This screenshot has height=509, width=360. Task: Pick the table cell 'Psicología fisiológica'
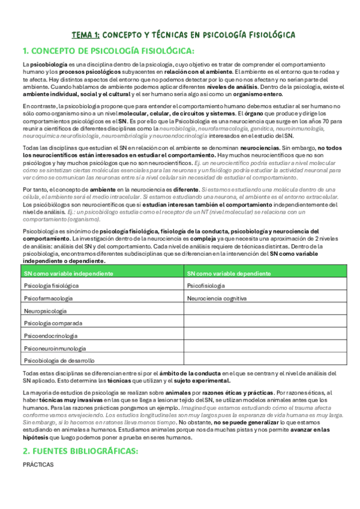[x=51, y=286]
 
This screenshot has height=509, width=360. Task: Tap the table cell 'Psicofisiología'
[x=206, y=286]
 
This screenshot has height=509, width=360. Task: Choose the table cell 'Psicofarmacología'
[x=48, y=298]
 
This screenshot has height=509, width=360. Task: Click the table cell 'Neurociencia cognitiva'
[x=217, y=298]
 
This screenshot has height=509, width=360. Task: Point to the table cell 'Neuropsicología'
[x=46, y=311]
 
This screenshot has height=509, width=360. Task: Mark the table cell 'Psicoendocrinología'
[x=51, y=336]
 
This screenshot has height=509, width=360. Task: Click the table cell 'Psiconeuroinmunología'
[x=53, y=348]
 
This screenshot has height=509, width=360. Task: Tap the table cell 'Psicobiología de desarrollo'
[x=59, y=361]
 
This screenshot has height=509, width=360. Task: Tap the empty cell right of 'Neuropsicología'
[x=265, y=311]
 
